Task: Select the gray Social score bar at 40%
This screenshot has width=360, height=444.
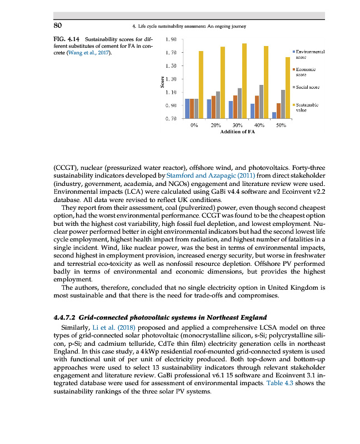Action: point(261,102)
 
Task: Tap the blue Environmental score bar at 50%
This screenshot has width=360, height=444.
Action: point(274,115)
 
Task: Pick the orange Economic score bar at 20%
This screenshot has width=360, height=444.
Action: point(213,107)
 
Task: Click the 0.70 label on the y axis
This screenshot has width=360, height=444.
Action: point(171,118)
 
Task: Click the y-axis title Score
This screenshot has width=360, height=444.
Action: point(162,82)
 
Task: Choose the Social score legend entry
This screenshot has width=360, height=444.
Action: point(306,87)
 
